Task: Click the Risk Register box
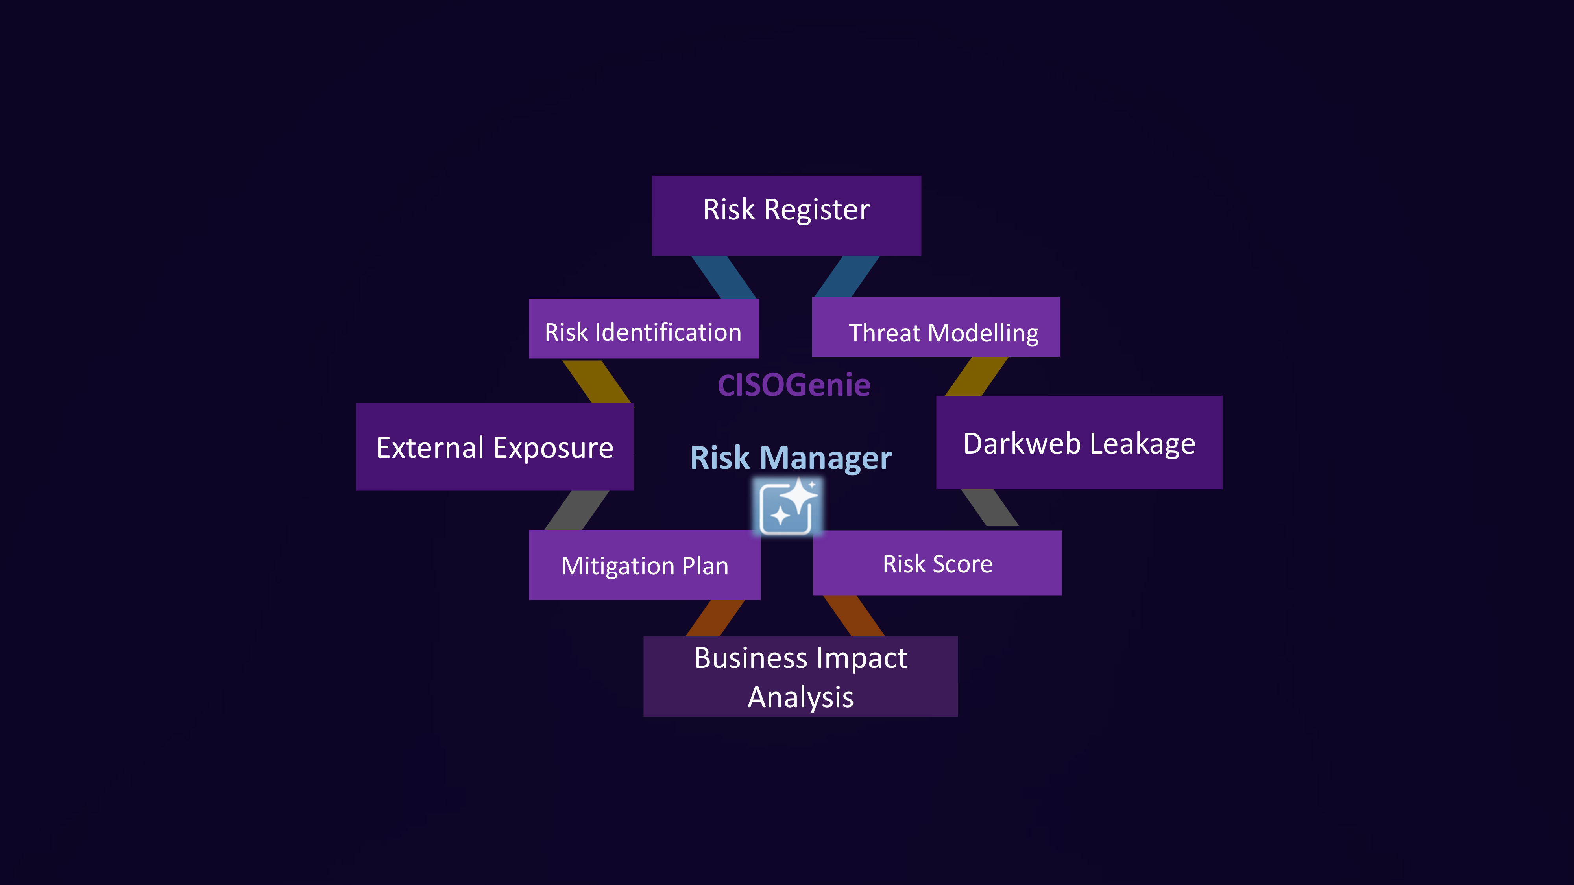pyautogui.click(x=786, y=215)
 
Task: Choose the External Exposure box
pyautogui.click(x=494, y=446)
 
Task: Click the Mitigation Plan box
pyautogui.click(x=645, y=565)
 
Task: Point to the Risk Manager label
pyautogui.click(x=791, y=457)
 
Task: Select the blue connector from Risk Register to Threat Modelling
pyautogui.click(x=847, y=277)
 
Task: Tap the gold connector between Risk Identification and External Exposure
pyautogui.click(x=597, y=382)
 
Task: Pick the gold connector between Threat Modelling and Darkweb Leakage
pyautogui.click(x=976, y=376)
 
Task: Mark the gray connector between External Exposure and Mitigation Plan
pyautogui.click(x=576, y=510)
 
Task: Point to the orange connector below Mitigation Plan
pyautogui.click(x=715, y=618)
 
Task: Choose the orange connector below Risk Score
pyautogui.click(x=854, y=616)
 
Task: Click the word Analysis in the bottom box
pyautogui.click(x=800, y=697)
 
